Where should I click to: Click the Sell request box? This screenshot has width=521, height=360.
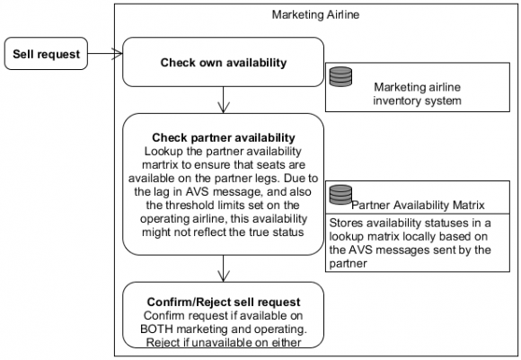click(46, 55)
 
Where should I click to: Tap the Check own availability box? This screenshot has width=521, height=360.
click(223, 63)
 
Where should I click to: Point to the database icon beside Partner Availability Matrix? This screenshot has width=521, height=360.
click(340, 194)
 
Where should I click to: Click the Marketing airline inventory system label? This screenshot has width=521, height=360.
click(416, 93)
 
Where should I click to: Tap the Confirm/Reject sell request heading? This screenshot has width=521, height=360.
click(223, 301)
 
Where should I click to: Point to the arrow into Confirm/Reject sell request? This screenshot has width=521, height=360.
click(223, 269)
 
